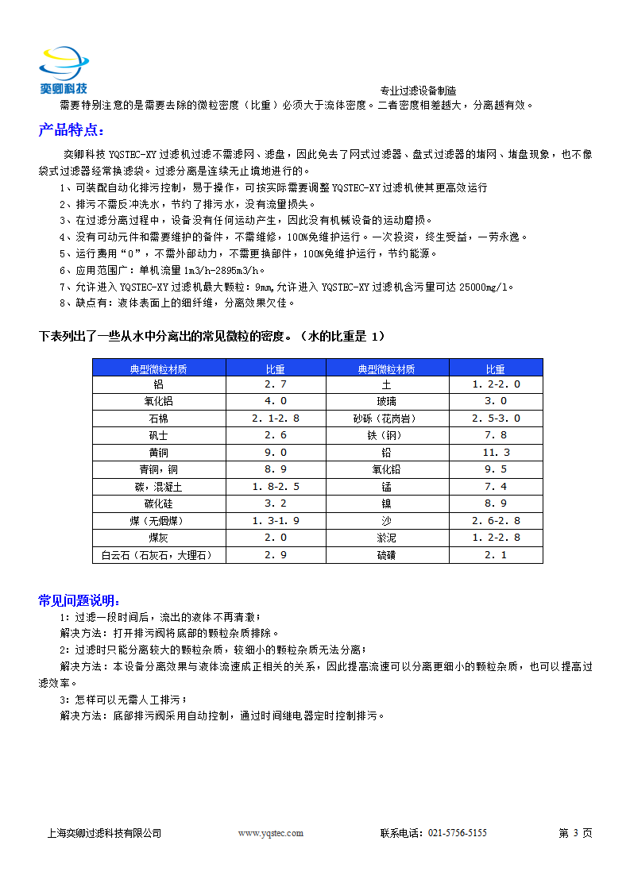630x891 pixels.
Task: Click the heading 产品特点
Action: [x=71, y=130]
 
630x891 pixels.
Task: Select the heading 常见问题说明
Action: [x=80, y=600]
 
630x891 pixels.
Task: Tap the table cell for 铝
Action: [x=159, y=384]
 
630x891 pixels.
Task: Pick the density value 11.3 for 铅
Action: [x=496, y=453]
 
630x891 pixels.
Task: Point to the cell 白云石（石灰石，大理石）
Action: [x=159, y=555]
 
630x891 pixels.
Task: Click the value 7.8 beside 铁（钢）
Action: [x=496, y=435]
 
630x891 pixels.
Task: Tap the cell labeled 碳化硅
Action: [x=159, y=503]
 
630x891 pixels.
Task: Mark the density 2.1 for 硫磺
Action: [x=496, y=555]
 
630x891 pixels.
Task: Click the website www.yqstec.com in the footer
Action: [x=271, y=833]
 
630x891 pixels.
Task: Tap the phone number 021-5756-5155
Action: [x=457, y=833]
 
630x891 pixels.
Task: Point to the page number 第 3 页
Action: [x=575, y=833]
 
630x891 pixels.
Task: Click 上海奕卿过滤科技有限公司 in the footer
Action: [x=105, y=833]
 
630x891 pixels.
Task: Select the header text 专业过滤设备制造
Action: [x=418, y=91]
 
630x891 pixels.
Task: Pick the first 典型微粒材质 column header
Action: [x=159, y=368]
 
